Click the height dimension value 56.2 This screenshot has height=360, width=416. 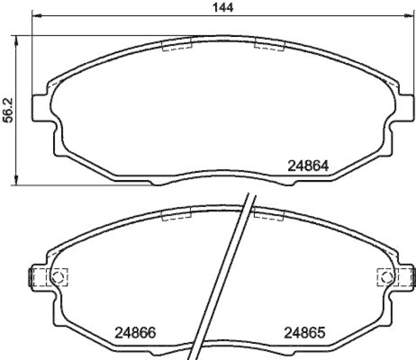point(7,110)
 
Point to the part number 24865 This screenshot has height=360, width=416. point(304,331)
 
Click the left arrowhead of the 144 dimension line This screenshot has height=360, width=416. point(37,16)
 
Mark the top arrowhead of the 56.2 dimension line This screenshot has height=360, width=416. point(17,40)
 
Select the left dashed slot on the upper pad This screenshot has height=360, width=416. point(177,46)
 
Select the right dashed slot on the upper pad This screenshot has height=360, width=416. point(268,46)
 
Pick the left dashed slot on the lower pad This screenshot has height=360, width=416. point(177,214)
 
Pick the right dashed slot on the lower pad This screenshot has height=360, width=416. point(268,214)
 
